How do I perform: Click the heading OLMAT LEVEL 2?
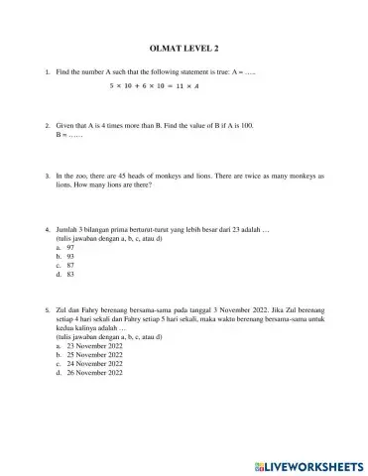(184, 48)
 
